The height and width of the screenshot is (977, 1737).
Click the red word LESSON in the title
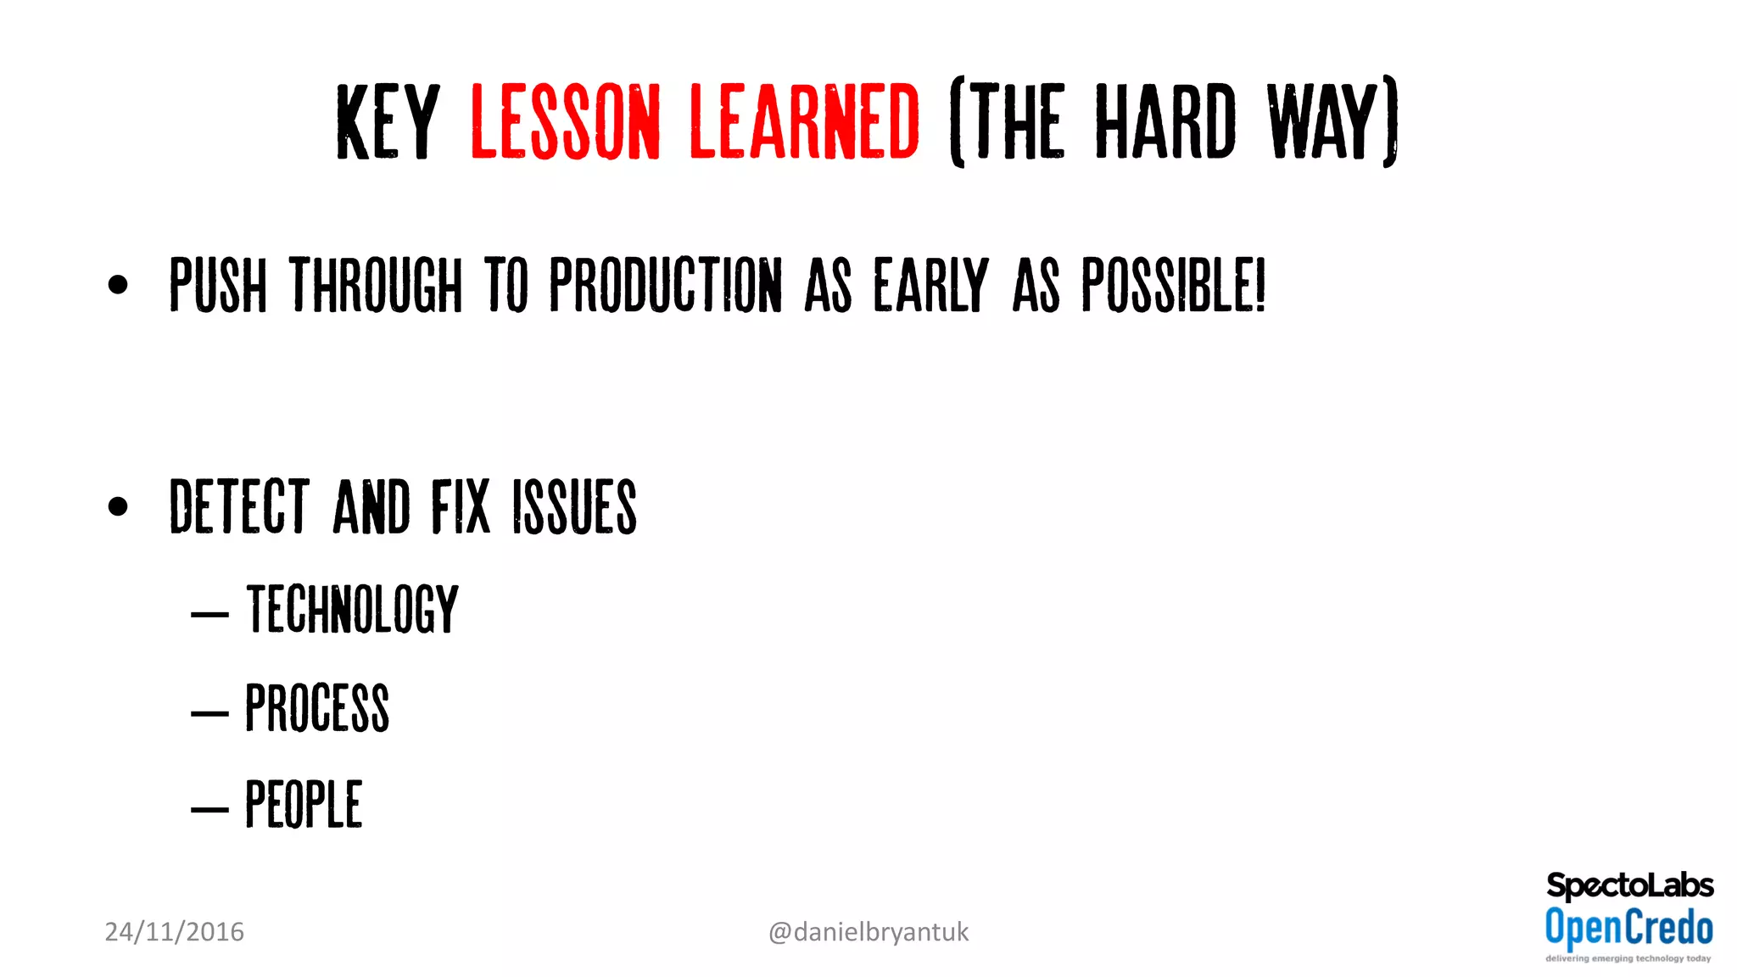(565, 121)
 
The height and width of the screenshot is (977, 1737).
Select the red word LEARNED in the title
(804, 121)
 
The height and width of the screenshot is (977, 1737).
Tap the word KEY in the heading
(388, 121)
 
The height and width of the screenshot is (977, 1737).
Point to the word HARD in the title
(1165, 121)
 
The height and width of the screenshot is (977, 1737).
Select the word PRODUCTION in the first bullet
(666, 285)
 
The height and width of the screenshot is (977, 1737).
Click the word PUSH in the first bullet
(218, 285)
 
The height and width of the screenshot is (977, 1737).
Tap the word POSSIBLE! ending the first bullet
(1173, 285)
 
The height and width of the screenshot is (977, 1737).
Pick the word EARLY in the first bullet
(931, 285)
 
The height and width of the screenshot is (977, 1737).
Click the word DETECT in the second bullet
(239, 506)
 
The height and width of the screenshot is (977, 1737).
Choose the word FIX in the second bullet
(461, 506)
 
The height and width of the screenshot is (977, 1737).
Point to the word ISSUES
(574, 506)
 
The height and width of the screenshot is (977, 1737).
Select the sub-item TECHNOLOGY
(352, 609)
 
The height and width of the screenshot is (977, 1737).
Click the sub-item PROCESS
(317, 707)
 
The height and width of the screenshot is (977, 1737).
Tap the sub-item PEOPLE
(304, 804)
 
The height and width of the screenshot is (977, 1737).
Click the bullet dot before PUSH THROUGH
(118, 285)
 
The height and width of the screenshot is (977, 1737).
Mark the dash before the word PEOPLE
(209, 810)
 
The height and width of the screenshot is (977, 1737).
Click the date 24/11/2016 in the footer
(174, 932)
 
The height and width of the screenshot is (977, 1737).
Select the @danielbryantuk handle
(868, 932)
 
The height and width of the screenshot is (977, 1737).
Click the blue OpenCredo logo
(1628, 928)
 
